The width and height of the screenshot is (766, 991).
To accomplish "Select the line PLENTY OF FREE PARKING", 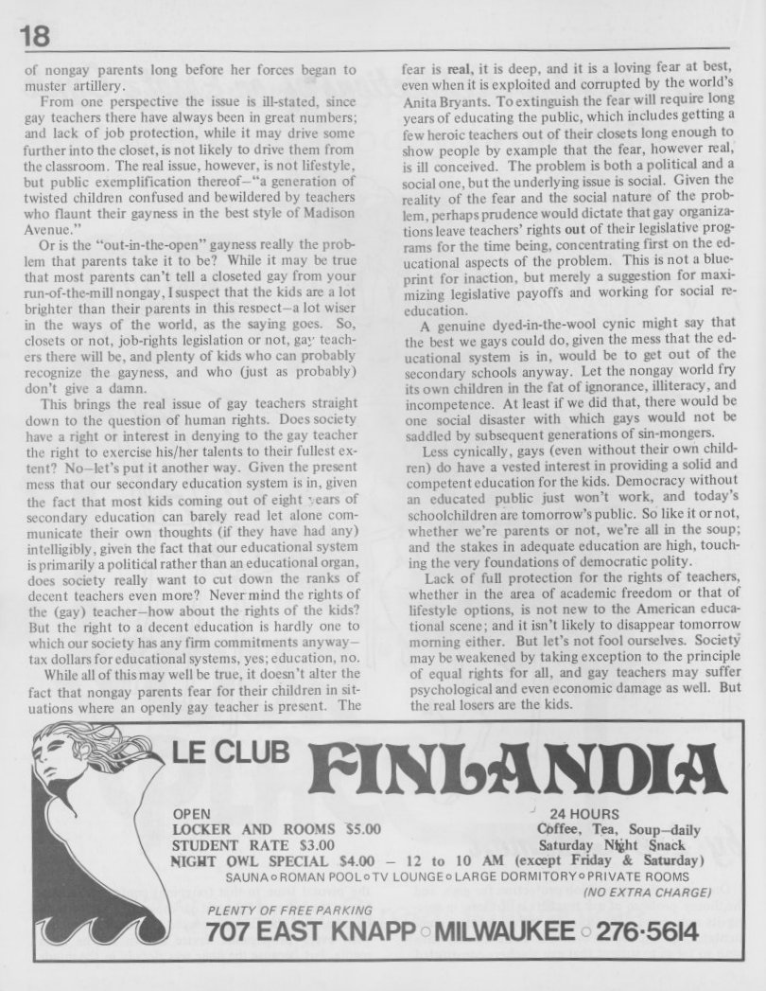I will point(272,910).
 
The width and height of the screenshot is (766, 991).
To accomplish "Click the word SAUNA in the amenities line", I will point(247,876).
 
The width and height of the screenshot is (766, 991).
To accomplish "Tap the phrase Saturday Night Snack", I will point(611,844).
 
